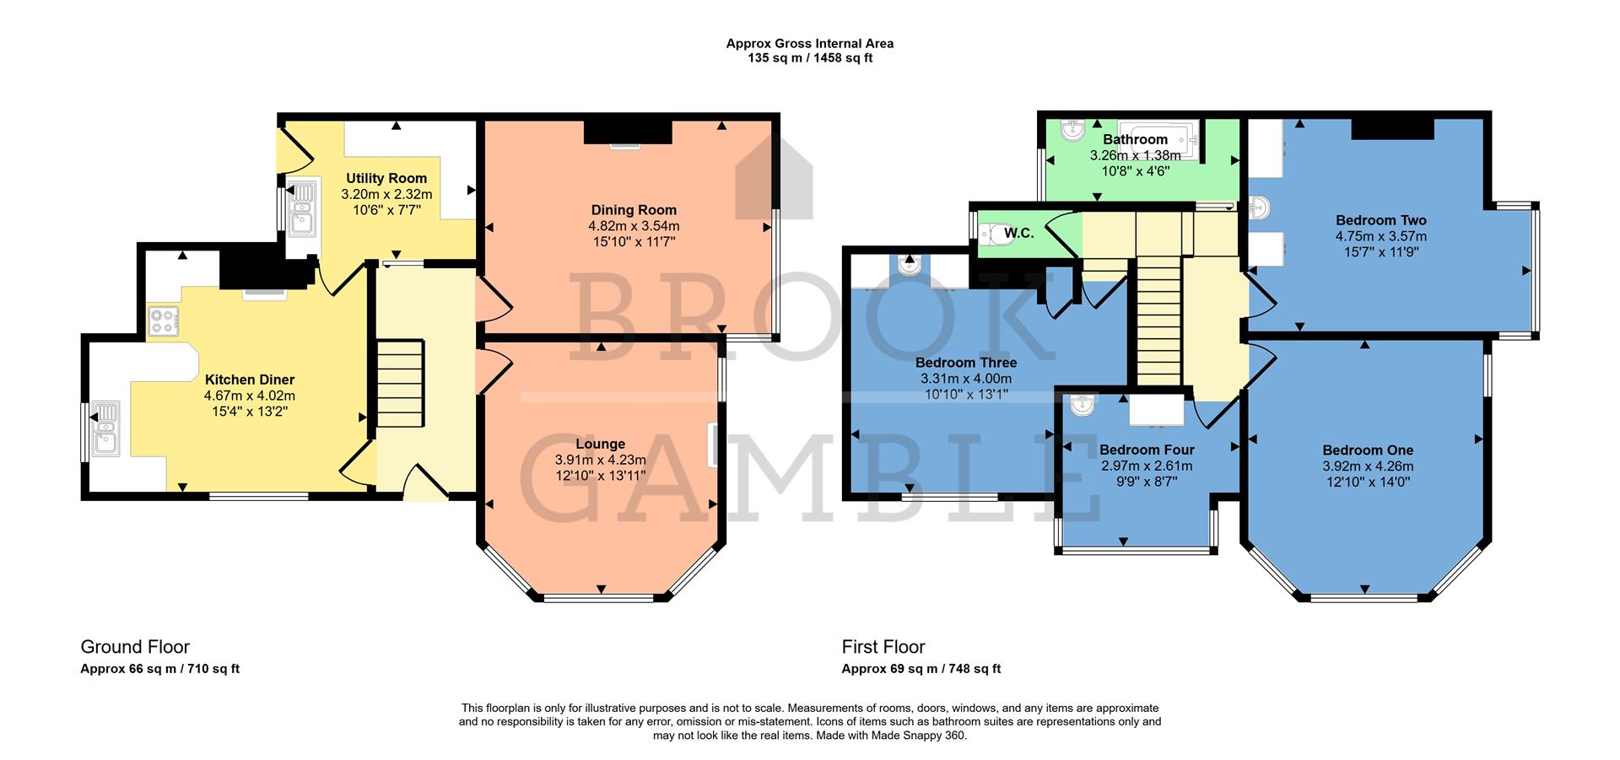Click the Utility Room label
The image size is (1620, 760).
[x=386, y=178]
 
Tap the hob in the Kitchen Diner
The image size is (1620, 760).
[x=164, y=321]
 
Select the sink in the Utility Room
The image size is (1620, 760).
[x=300, y=208]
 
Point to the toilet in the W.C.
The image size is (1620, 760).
[x=996, y=234]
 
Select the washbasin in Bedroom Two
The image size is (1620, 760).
[x=1260, y=208]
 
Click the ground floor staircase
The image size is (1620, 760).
[x=399, y=384]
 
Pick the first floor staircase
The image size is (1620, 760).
[x=1159, y=321]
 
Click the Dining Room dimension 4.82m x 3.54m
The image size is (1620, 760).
[x=634, y=226]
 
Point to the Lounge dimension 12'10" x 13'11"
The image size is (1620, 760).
[x=600, y=476]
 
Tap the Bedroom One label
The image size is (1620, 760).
[x=1368, y=450]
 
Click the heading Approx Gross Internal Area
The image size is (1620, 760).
[x=809, y=44]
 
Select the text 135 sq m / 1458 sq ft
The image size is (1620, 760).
[x=809, y=59]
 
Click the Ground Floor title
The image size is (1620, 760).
[x=135, y=647]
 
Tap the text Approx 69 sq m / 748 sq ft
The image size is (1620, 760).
[x=921, y=669]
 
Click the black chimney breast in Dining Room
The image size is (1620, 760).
[x=628, y=132]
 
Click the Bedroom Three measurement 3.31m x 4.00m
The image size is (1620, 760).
[x=965, y=379]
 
